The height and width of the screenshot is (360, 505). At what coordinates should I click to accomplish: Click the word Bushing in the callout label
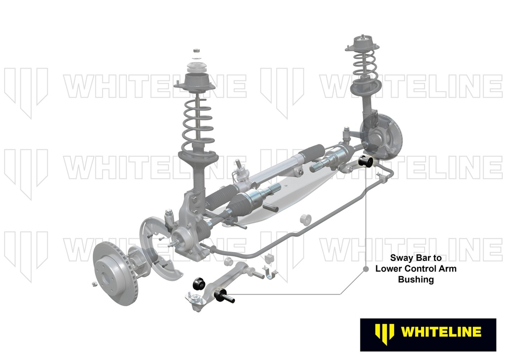tap(416, 279)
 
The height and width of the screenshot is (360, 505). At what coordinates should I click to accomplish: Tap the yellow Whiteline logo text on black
tap(441, 332)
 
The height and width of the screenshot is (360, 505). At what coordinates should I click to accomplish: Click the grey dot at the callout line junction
tap(365, 269)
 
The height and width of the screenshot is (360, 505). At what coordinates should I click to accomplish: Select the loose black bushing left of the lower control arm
tap(199, 283)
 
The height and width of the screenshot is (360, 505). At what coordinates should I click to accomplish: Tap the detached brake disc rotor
tap(115, 274)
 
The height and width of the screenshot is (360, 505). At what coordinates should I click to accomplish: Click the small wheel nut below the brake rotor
tap(94, 284)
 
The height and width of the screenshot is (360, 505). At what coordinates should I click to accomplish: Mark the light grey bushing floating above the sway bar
tap(305, 218)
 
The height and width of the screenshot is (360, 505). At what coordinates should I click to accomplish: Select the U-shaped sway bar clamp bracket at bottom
tap(270, 273)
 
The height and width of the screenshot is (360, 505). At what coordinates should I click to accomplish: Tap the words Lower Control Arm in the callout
tap(416, 269)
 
